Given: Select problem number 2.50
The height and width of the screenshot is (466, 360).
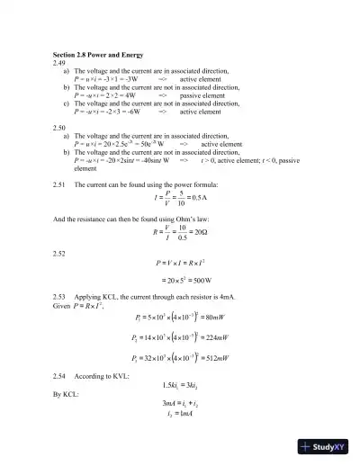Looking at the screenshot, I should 60,127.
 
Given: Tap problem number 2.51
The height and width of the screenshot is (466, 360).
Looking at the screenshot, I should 60,184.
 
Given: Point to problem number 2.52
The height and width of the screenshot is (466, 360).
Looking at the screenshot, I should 60,253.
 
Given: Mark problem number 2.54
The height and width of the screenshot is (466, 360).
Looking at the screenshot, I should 60,397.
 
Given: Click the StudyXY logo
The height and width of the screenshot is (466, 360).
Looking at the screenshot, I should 324,446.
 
